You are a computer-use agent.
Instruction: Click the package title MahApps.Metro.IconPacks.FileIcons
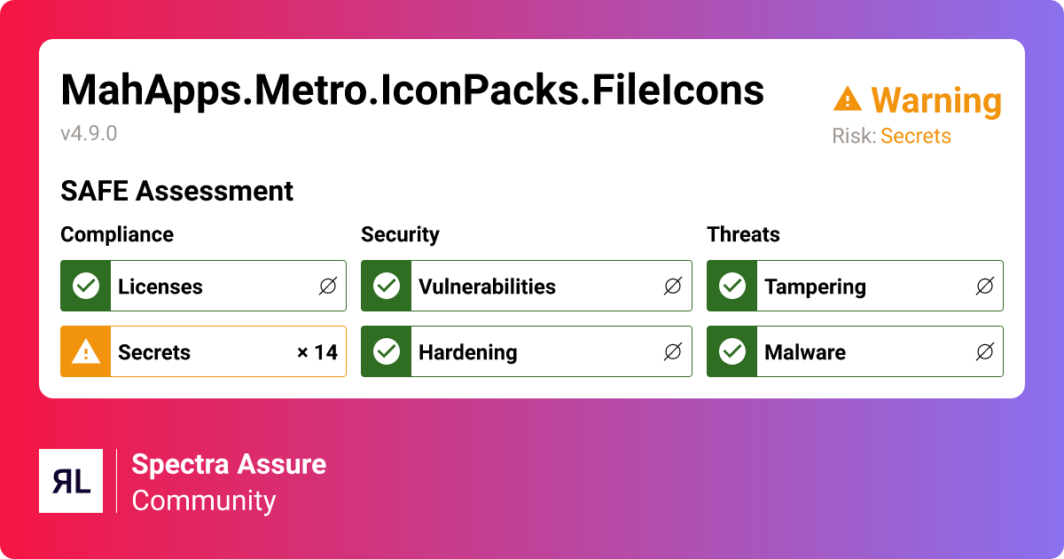(x=412, y=90)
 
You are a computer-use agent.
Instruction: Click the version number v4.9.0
(x=89, y=134)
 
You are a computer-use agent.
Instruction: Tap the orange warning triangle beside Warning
(x=848, y=99)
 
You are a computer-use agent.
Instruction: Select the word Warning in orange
(x=936, y=101)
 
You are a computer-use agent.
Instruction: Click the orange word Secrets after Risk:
(x=915, y=137)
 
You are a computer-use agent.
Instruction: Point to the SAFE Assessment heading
(x=176, y=191)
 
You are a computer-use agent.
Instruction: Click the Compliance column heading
(x=117, y=234)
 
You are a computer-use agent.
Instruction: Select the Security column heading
(x=400, y=234)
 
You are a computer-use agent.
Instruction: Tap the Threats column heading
(x=743, y=234)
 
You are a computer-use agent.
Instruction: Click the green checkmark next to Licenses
(x=85, y=286)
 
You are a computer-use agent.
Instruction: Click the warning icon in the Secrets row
(x=85, y=351)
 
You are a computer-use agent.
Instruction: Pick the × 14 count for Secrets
(x=317, y=352)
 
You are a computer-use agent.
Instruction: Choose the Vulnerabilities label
(x=487, y=287)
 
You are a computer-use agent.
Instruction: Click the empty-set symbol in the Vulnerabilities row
(x=673, y=286)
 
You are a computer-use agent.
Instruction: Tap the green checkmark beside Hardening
(x=386, y=351)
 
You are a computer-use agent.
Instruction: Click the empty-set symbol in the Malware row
(x=984, y=351)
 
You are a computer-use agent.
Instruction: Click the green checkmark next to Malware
(x=731, y=351)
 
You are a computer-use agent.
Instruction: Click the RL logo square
(x=71, y=481)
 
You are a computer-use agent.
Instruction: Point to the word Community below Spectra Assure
(x=204, y=500)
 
